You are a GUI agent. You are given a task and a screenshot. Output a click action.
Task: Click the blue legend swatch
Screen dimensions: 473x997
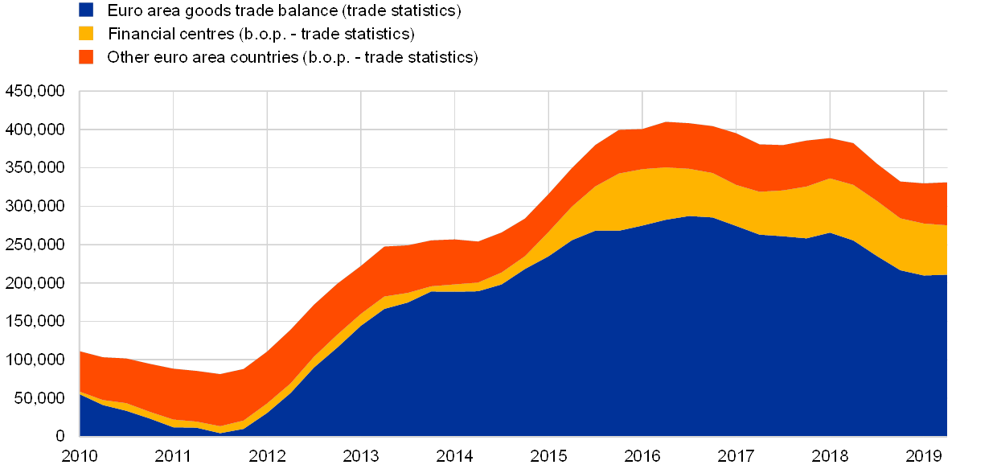click(x=86, y=10)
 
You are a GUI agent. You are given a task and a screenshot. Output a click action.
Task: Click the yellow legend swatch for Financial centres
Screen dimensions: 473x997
click(x=86, y=34)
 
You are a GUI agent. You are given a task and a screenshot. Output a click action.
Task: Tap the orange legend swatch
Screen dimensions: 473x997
click(x=86, y=57)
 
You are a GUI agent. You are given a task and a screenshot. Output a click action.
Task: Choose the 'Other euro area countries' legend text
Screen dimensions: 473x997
click(x=292, y=58)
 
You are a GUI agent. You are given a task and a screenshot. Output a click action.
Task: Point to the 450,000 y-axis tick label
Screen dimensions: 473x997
click(x=35, y=91)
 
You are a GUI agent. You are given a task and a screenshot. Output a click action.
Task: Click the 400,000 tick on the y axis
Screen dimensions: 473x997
click(x=35, y=130)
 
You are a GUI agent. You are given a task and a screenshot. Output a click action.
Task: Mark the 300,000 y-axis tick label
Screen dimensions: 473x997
click(x=35, y=206)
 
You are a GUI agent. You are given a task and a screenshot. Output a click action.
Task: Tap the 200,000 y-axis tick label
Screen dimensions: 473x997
click(x=35, y=282)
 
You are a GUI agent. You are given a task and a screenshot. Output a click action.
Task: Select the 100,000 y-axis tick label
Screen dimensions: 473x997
click(x=35, y=359)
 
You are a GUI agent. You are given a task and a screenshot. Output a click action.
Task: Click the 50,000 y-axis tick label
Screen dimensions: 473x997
click(x=39, y=397)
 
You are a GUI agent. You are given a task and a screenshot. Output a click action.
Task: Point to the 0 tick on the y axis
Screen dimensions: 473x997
click(x=59, y=436)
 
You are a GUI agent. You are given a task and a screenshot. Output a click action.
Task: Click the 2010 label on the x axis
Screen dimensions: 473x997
click(x=80, y=457)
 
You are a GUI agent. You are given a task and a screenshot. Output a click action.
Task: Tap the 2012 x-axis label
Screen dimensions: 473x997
click(x=268, y=457)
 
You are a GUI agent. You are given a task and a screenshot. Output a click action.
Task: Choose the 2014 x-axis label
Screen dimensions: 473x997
click(x=455, y=457)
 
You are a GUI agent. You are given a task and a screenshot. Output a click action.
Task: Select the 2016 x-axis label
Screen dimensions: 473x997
click(x=642, y=457)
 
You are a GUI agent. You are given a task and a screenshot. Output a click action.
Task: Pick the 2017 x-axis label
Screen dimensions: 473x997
click(x=736, y=457)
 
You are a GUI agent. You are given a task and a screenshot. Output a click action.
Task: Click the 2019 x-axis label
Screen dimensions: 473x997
click(x=924, y=457)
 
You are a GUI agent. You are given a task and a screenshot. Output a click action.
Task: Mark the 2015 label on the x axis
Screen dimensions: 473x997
click(x=549, y=457)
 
